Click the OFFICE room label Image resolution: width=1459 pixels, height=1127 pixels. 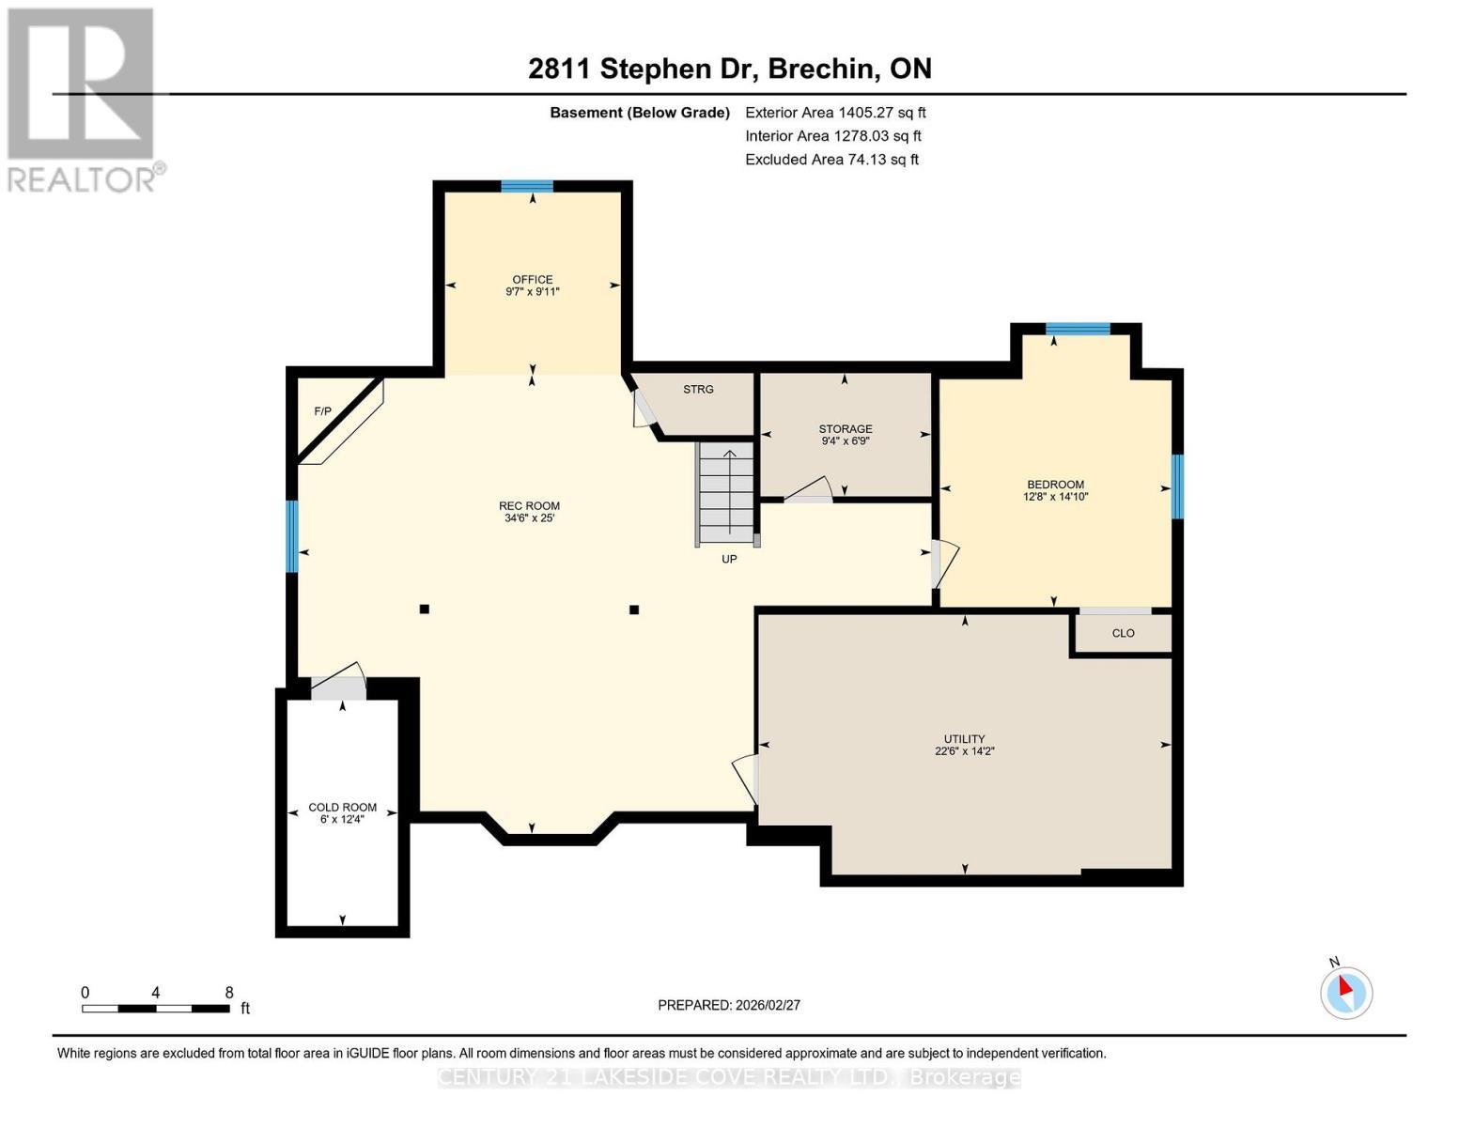click(532, 279)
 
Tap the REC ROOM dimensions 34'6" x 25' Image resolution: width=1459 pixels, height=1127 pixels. click(529, 517)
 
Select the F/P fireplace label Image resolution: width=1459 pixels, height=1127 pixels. click(322, 411)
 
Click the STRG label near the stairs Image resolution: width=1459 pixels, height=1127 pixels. click(698, 389)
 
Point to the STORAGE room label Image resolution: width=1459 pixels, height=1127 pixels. click(845, 428)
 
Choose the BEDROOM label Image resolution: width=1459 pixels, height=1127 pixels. click(1055, 485)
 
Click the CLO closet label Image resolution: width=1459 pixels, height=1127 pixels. click(1123, 633)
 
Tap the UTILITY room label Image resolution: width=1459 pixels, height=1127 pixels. click(964, 739)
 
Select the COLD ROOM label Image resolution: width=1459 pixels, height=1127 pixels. click(342, 807)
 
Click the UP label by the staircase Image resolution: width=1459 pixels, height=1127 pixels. click(729, 559)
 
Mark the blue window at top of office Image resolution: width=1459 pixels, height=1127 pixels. click(526, 186)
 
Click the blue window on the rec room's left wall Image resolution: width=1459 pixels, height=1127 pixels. click(292, 536)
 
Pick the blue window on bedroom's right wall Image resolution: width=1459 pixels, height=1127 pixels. click(1176, 486)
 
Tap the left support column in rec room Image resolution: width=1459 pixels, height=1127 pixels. click(425, 610)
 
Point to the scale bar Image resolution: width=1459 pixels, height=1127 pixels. click(156, 1009)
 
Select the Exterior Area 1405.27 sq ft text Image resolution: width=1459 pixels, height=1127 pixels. click(835, 113)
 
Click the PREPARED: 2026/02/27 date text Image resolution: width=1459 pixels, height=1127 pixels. click(729, 1005)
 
